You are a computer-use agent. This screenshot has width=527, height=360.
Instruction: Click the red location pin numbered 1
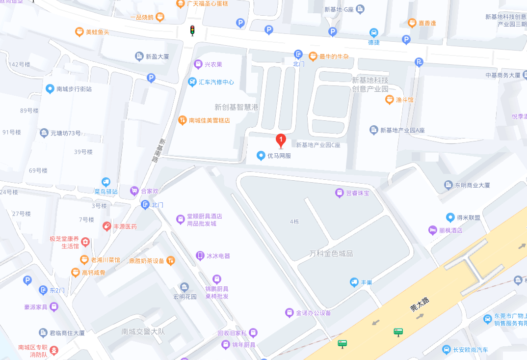281,140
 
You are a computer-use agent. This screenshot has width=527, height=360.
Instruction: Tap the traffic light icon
192,30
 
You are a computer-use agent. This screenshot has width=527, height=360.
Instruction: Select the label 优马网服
279,156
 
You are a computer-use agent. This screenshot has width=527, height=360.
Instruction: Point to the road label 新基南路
157,150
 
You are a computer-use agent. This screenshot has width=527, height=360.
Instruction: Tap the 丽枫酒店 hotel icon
432,230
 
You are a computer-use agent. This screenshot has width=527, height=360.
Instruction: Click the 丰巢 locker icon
354,282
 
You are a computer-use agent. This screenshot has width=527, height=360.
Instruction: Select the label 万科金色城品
331,253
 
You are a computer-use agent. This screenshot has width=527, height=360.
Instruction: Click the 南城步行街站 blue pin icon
50,89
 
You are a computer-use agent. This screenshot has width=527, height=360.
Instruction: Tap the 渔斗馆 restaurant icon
389,100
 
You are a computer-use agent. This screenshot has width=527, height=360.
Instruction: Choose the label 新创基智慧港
236,107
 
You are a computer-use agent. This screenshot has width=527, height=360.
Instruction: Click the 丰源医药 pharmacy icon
106,226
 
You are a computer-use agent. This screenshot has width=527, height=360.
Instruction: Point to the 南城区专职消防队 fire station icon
54,351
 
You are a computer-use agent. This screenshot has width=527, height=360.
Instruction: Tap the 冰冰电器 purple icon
200,256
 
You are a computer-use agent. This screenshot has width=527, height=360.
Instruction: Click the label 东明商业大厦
472,185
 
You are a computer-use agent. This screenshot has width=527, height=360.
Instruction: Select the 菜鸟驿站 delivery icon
106,182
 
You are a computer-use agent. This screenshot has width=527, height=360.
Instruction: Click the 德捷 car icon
374,32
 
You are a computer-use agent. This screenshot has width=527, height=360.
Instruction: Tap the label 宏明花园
184,297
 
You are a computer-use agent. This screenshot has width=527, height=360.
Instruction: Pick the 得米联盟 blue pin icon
450,217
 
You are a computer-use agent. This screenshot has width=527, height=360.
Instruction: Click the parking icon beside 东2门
27,280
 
